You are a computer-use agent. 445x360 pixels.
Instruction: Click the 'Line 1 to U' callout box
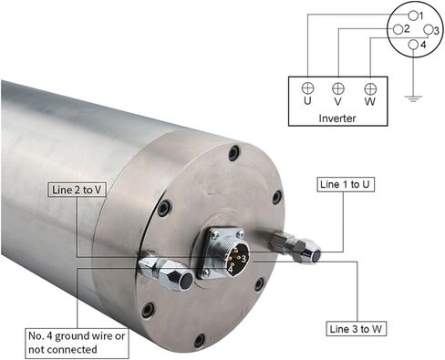[x=346, y=184]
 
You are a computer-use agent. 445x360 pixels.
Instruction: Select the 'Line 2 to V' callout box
[x=77, y=190]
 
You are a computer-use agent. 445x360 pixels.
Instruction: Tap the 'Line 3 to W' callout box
[x=357, y=329]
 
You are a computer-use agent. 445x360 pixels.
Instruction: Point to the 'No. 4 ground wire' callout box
[x=77, y=343]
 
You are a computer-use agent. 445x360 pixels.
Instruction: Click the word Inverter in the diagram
[x=337, y=118]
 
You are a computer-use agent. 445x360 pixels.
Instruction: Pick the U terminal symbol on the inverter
[x=307, y=88]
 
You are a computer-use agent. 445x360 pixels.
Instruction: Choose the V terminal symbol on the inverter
[x=338, y=88]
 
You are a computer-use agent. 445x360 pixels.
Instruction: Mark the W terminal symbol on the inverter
[x=370, y=89]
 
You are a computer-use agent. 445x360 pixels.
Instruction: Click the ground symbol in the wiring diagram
[x=413, y=98]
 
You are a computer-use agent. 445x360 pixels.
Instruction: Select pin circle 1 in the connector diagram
[x=413, y=15]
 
